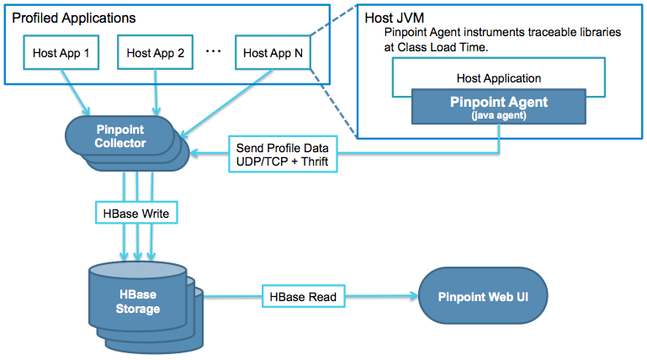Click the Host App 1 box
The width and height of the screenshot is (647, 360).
pos(61,52)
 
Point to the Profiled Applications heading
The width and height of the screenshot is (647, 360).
pos(74,18)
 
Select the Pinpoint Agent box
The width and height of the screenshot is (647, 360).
pos(499,108)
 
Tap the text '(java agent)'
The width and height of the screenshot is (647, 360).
pos(499,117)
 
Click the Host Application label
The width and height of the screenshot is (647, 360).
pos(499,78)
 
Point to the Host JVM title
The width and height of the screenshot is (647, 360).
pos(394,18)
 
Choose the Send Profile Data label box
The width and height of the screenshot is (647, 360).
pos(282,154)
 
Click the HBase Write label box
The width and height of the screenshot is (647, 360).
pos(136,214)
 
